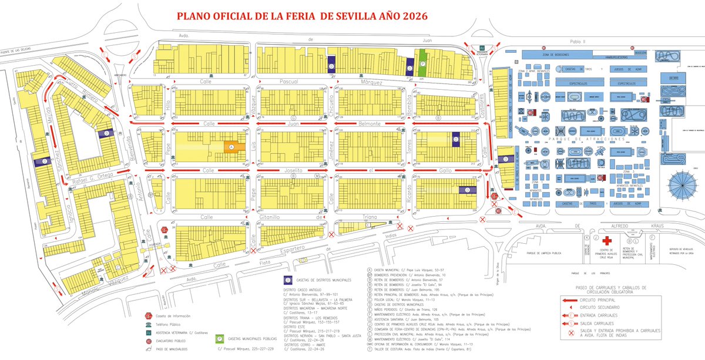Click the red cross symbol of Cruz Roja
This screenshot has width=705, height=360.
pyautogui.click(x=607, y=241)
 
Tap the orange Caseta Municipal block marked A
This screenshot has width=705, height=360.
pyautogui.click(x=231, y=147)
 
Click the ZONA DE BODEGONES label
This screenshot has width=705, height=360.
pyautogui.click(x=553, y=55)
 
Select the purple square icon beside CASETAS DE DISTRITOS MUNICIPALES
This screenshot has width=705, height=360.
pyautogui.click(x=288, y=280)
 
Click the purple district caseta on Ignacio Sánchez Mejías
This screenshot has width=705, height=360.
pyautogui.click(x=41, y=162)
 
